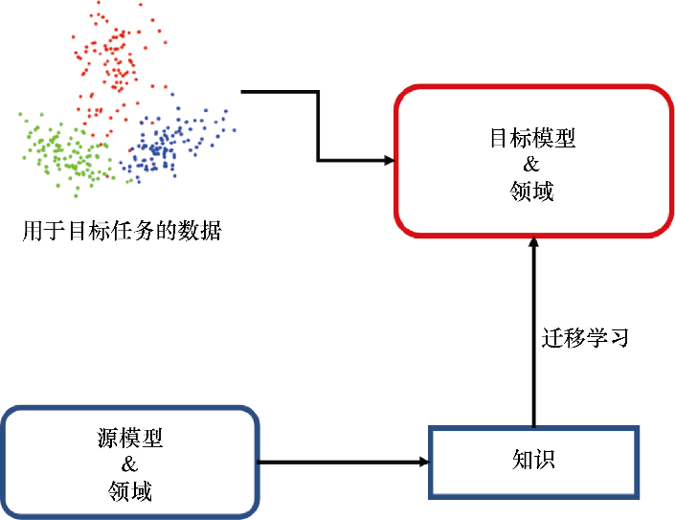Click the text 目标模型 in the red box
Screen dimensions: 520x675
click(532, 138)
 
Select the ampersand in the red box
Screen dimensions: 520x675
click(532, 165)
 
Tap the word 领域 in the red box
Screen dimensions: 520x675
click(532, 192)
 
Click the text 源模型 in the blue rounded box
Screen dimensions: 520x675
click(130, 440)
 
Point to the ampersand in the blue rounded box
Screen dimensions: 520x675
click(130, 465)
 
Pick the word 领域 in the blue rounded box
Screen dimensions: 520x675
click(130, 492)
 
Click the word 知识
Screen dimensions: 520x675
click(533, 461)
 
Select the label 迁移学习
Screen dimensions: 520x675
click(585, 338)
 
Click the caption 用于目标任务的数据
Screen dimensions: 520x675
click(122, 231)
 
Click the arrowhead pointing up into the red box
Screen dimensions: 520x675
click(533, 243)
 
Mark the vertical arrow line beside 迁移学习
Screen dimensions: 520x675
click(533, 335)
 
